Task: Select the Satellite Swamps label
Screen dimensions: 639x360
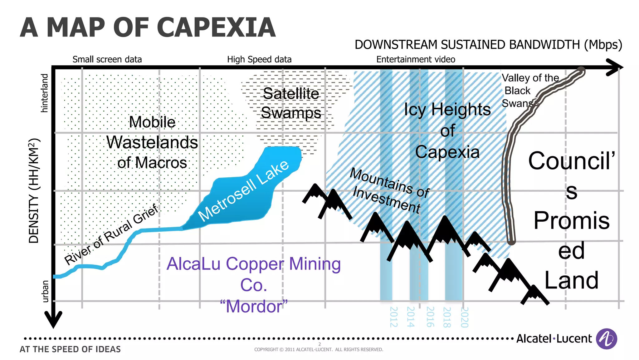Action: [291, 103]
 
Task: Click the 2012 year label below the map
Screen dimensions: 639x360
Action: [394, 317]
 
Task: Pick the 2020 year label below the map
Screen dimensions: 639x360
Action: [465, 317]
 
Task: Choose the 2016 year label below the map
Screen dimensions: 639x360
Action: [430, 317]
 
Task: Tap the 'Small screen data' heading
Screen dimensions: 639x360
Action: [107, 59]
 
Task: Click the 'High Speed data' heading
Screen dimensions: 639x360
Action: [259, 59]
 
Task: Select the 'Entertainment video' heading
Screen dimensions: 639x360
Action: [416, 59]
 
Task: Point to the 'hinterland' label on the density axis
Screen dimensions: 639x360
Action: [45, 93]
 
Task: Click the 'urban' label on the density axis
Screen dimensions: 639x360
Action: [45, 291]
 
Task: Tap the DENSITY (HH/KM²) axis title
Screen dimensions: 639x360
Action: [34, 190]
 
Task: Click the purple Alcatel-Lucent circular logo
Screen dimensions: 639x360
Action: [606, 339]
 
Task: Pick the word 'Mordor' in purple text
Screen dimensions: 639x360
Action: [254, 306]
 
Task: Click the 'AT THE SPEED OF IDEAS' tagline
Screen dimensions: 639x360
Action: [70, 349]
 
